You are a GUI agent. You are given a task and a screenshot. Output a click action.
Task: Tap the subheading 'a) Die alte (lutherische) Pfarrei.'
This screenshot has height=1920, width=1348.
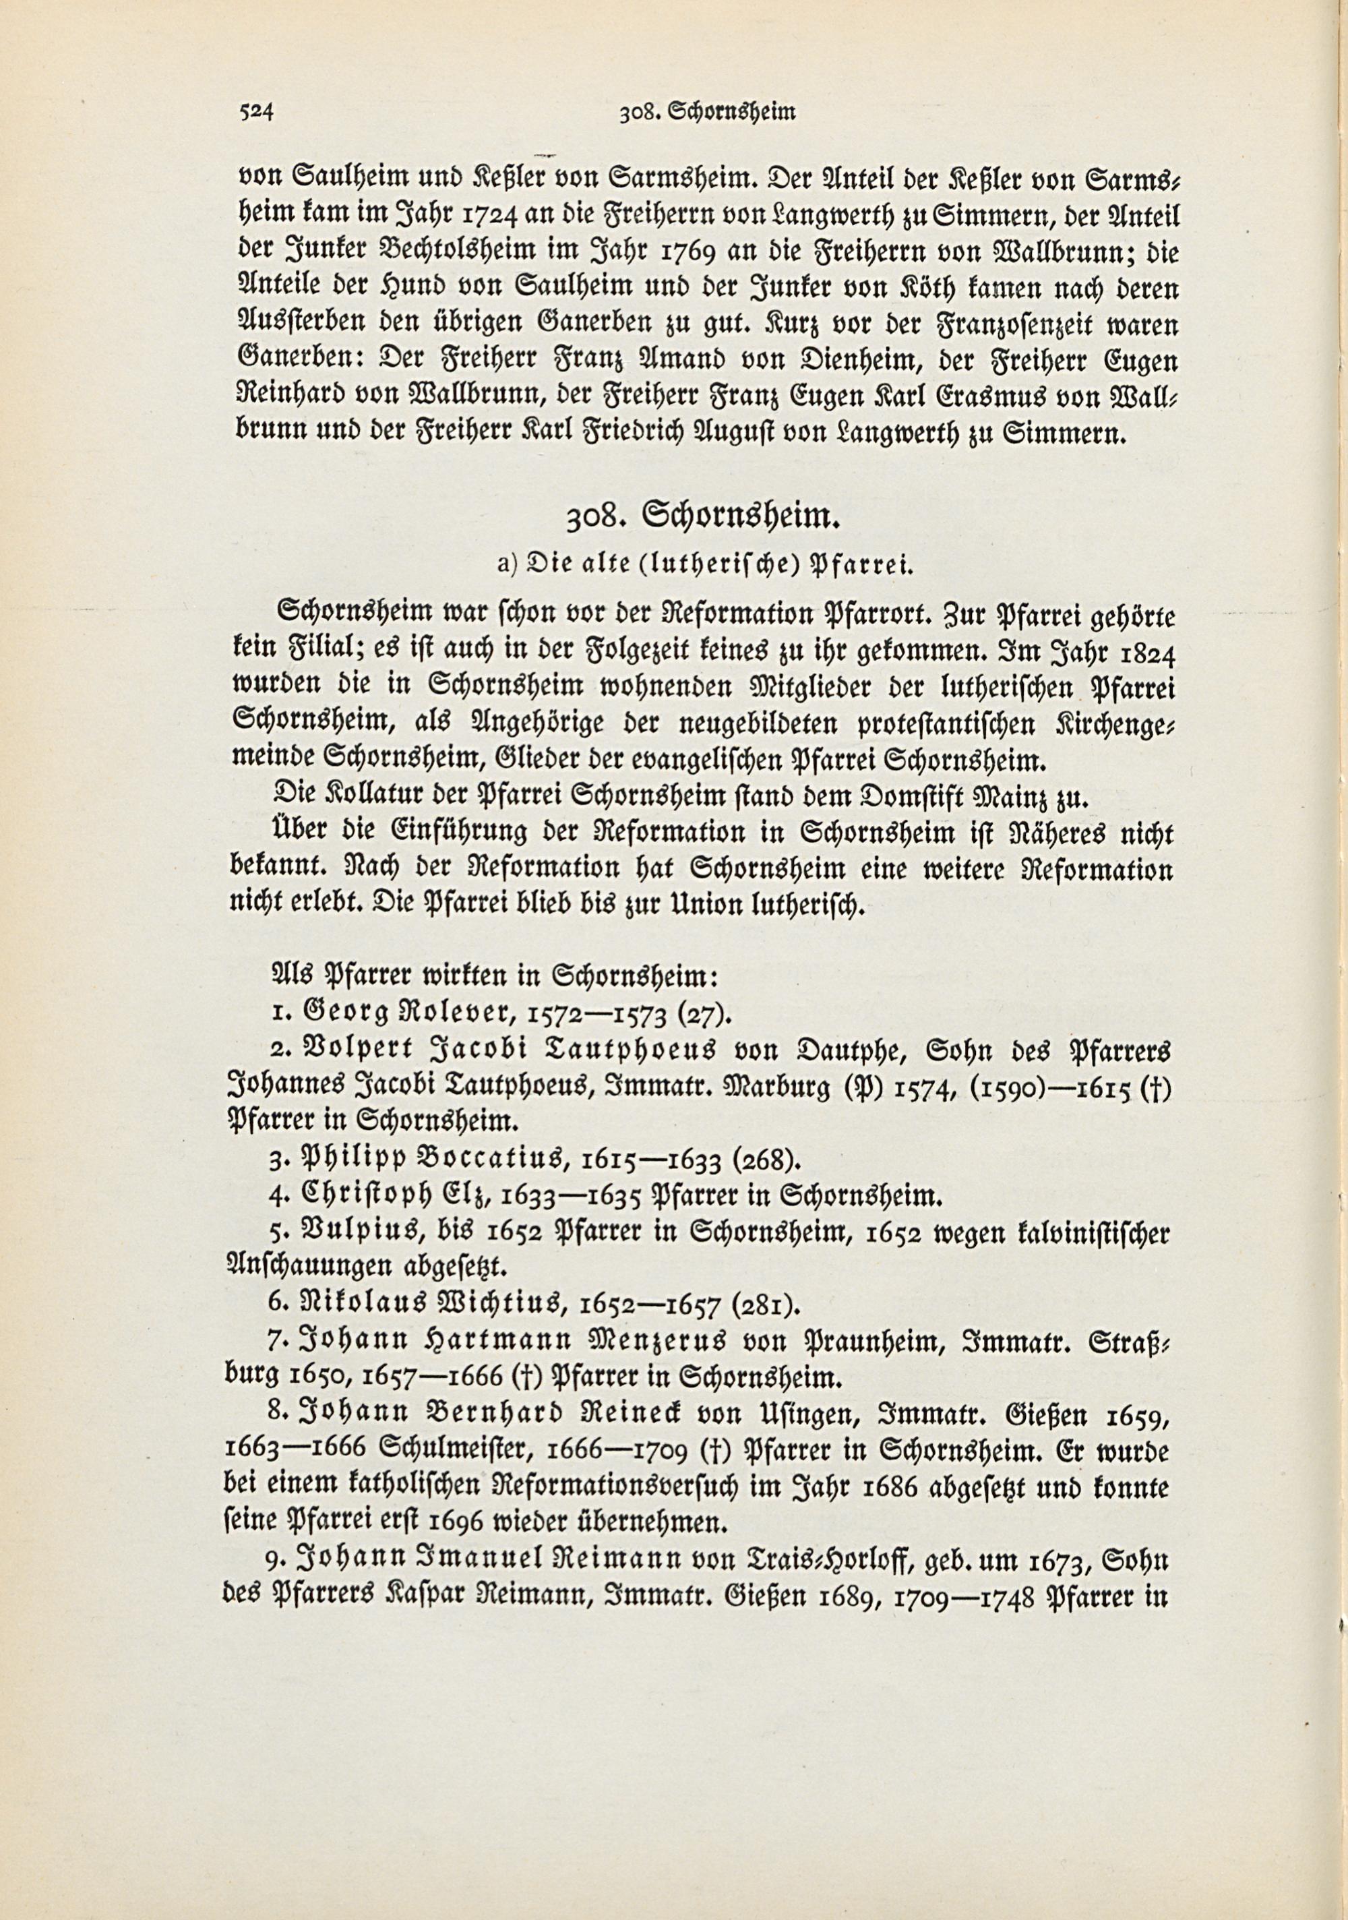703,567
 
